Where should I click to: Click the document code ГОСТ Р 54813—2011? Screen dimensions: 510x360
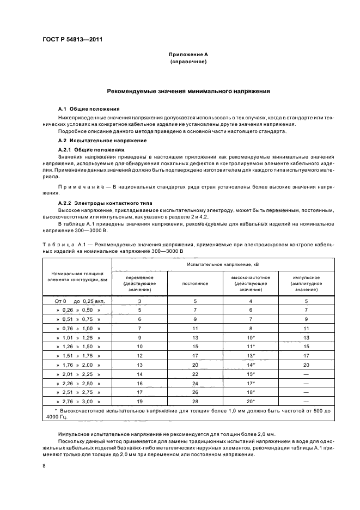73,40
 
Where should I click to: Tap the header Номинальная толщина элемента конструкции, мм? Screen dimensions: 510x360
77,276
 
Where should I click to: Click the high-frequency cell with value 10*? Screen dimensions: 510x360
251,338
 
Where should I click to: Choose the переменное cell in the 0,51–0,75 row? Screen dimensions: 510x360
139,319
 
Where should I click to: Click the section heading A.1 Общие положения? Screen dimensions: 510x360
86,109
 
